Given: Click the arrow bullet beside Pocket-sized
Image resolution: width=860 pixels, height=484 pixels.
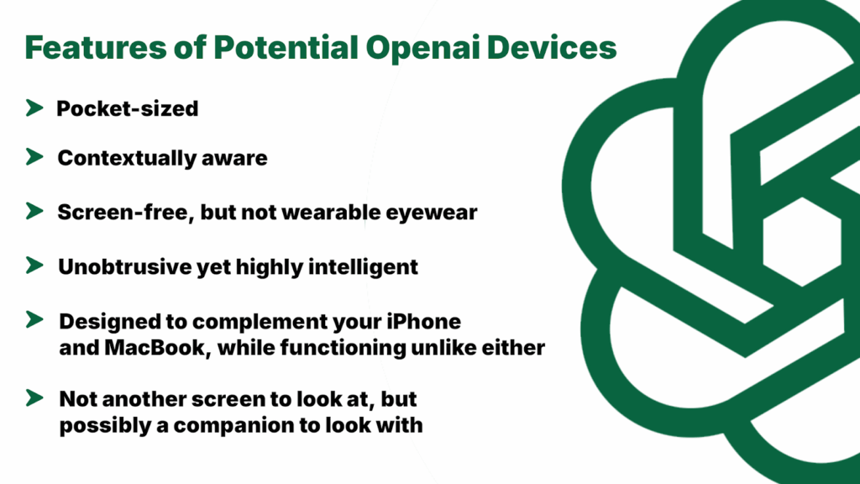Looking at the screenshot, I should pos(34,108).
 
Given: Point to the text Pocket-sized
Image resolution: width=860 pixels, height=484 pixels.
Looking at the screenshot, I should pos(127,108).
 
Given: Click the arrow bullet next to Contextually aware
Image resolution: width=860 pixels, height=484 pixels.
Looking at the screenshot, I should pos(34,157).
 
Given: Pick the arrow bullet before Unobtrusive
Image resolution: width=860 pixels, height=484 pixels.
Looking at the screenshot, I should pos(34,266).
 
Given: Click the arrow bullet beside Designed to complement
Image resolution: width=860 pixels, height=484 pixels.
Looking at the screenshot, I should pos(34,321).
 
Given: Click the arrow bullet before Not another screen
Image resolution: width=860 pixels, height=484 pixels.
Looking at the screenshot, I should pos(34,397).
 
